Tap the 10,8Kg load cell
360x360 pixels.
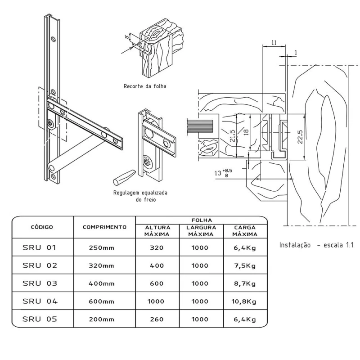[x=244, y=301]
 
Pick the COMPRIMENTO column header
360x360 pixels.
[x=104, y=227]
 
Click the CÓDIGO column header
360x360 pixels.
[x=42, y=227]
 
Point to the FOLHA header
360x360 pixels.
[x=202, y=220]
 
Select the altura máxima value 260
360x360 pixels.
[x=157, y=319]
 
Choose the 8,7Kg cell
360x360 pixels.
[x=244, y=283]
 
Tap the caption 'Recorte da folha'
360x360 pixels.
[x=144, y=86]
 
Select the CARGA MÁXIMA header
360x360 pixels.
[x=245, y=231]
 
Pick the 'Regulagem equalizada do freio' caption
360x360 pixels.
[x=140, y=196]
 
